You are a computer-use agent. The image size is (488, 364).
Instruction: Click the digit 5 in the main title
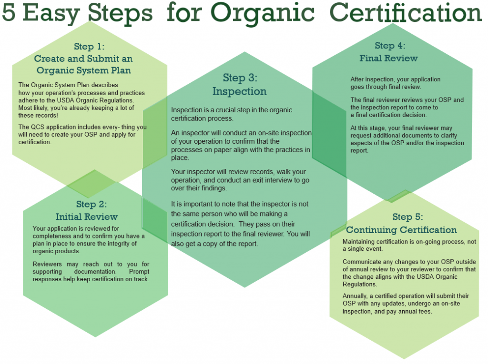point(9,12)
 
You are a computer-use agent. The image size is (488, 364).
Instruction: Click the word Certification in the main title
point(406,12)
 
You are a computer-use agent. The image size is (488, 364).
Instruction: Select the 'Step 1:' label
point(89,47)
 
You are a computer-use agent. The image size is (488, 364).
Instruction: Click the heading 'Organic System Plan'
point(84,70)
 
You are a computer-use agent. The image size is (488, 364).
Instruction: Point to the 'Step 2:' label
point(91,204)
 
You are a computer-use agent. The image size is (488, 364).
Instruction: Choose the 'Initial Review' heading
point(87,216)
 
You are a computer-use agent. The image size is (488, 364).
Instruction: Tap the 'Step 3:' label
point(240,78)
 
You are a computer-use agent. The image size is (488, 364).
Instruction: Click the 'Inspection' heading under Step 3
point(239,92)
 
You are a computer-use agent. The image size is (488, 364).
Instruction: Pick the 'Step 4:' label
point(390,46)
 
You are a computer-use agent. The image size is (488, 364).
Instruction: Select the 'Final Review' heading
point(388,58)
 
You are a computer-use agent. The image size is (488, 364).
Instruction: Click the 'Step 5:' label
point(408,216)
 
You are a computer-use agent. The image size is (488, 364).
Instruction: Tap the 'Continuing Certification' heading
point(401,230)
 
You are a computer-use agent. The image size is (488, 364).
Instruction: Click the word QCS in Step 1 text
point(37,127)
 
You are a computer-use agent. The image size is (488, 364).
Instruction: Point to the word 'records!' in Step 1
point(46,115)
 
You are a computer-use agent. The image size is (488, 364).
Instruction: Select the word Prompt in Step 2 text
point(139,272)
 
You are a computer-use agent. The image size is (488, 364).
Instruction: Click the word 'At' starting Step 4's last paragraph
point(354,128)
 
